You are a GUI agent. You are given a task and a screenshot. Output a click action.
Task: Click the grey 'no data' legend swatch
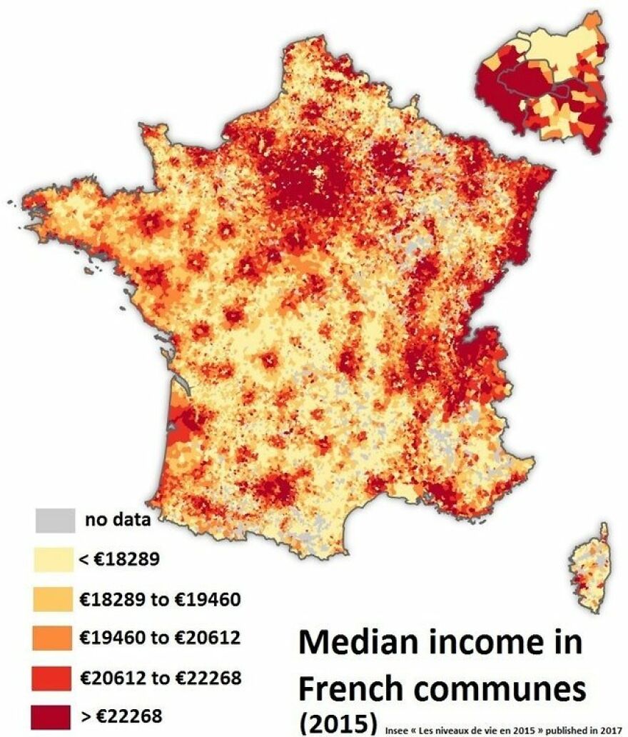pos(54,520)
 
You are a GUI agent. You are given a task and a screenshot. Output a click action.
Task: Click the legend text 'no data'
pos(118,520)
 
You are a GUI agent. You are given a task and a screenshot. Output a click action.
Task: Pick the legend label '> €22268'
pos(121,715)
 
